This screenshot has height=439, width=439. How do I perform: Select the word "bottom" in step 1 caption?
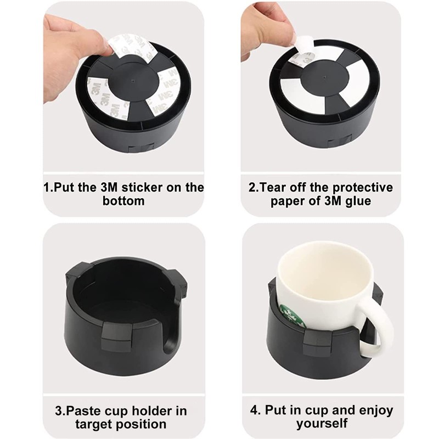(x=123, y=201)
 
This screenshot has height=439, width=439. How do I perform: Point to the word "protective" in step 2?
(x=363, y=187)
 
